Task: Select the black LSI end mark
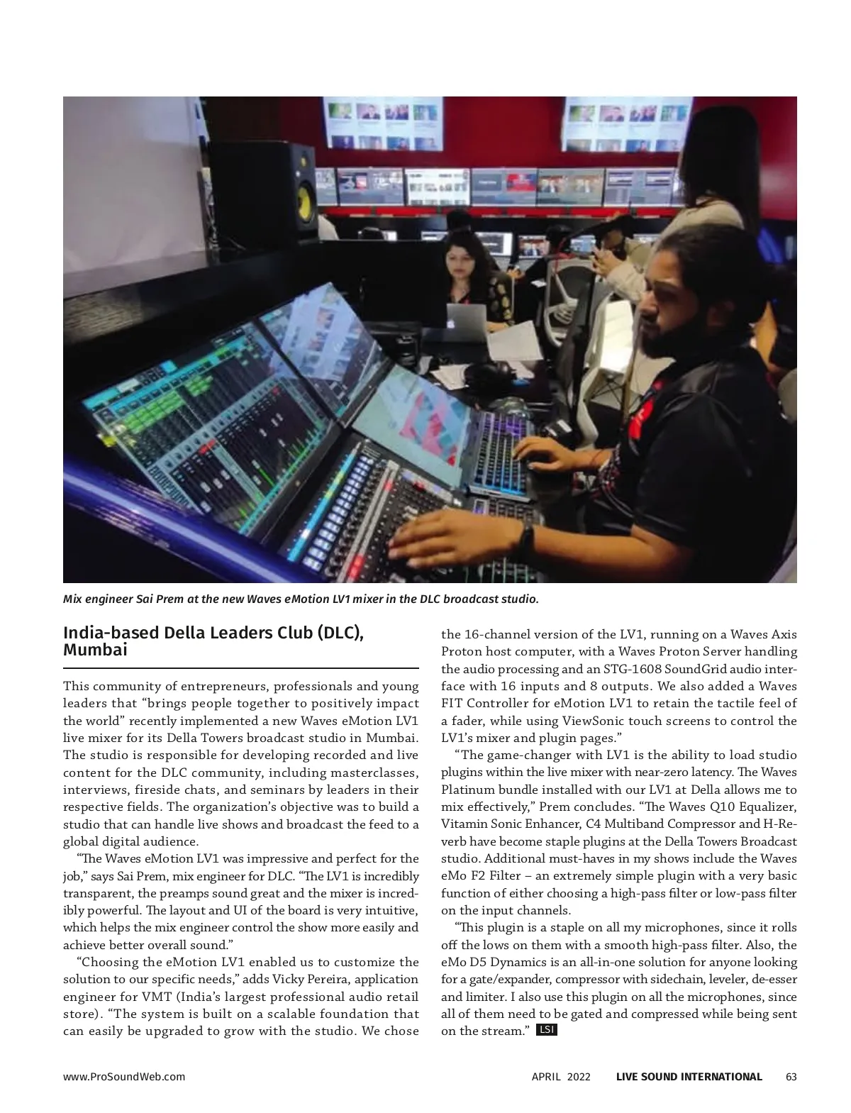[x=547, y=1029]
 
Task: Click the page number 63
[x=791, y=1077]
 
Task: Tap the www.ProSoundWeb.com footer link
[x=124, y=1077]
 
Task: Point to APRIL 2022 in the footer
[x=561, y=1077]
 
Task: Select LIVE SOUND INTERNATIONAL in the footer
[x=689, y=1077]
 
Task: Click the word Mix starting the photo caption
[x=73, y=599]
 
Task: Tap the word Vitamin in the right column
[x=462, y=824]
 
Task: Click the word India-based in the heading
[x=108, y=633]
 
